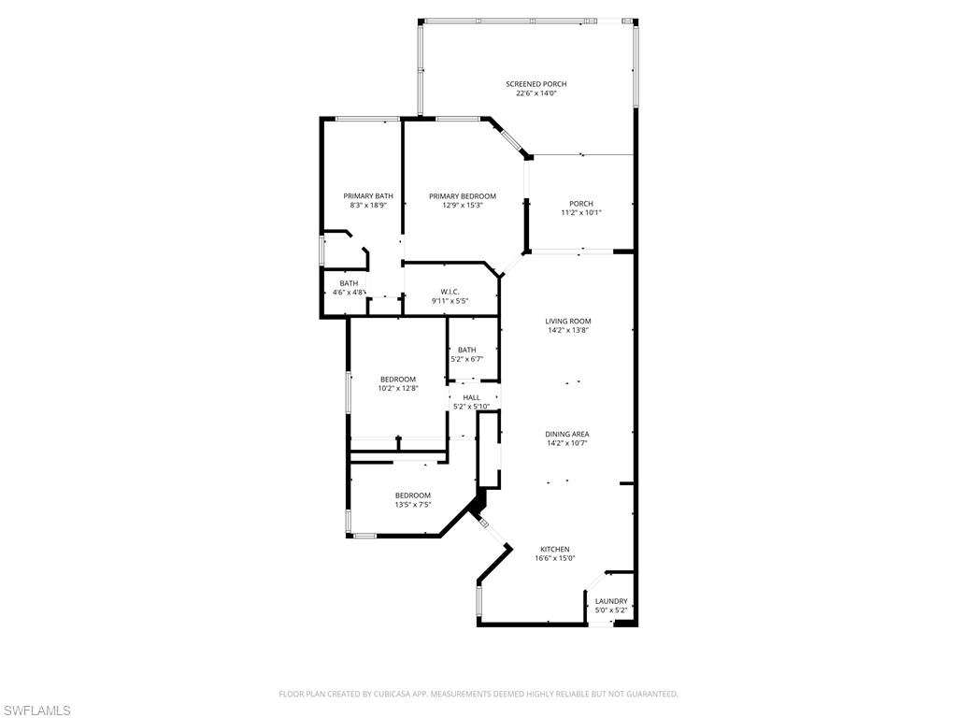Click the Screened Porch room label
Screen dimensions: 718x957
(x=536, y=84)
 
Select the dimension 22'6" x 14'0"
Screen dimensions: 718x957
(x=536, y=93)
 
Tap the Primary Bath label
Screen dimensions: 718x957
(x=368, y=196)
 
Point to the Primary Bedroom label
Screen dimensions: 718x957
(x=463, y=196)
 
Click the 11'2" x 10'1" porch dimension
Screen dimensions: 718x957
(x=581, y=212)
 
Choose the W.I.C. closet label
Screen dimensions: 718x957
(x=450, y=292)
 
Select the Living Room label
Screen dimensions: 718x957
(x=568, y=322)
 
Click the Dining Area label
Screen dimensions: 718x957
(x=567, y=435)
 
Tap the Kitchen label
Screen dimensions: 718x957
(x=554, y=550)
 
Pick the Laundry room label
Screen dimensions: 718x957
(x=611, y=602)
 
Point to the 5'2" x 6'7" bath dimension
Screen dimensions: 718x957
(x=466, y=358)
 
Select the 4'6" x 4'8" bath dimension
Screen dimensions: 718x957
(x=349, y=293)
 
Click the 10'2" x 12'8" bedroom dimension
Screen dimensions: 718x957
(x=397, y=388)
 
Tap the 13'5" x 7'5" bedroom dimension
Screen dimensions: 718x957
(x=412, y=504)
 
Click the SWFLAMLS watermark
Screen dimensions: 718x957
(x=36, y=711)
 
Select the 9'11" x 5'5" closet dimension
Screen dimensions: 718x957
(x=450, y=301)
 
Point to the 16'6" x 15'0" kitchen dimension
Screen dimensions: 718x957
(x=554, y=558)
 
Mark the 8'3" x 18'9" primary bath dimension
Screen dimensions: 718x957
(x=368, y=205)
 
